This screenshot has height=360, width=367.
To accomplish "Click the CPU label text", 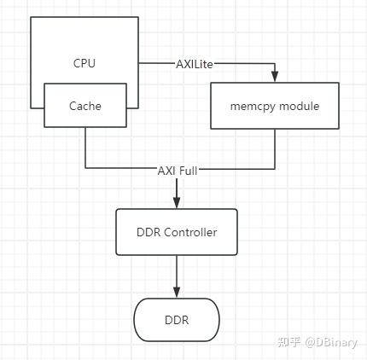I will pos(85,62).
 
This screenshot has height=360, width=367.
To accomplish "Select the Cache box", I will pos(85,107).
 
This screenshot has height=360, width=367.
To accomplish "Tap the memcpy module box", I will pos(274,106).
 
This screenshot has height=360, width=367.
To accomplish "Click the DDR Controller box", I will pos(178,232).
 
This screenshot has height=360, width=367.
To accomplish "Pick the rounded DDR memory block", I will pos(178,320).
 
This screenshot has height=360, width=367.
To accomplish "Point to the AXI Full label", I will pos(178,169).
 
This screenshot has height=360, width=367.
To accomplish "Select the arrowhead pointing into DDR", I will pos(178,293).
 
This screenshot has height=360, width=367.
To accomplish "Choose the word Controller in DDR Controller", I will pos(191,232).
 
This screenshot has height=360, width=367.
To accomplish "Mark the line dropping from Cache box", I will pos(85,149).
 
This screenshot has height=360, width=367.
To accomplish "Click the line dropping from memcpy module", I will pos(274,149).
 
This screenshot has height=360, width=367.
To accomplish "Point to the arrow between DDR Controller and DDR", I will pos(178,275).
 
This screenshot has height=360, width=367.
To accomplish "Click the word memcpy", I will pos(253,107).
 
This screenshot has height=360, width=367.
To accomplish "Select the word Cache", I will pos(85,107).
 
